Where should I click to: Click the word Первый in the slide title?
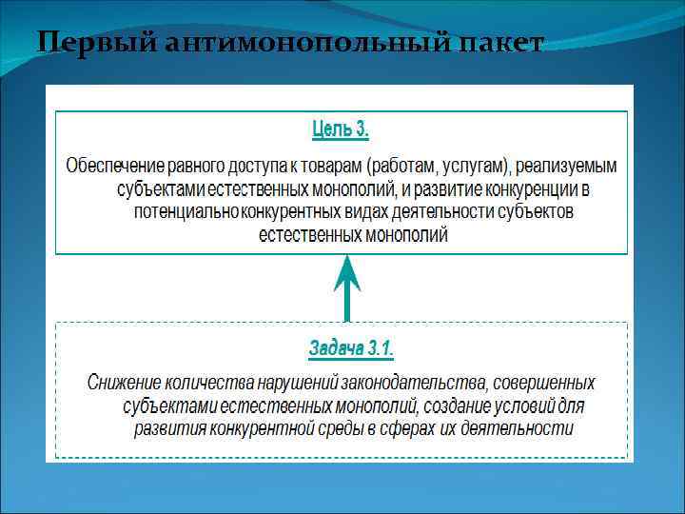tap(83, 43)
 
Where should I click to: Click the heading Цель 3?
tap(341, 127)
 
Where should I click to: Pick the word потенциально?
tap(186, 211)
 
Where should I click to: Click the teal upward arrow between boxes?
tap(347, 286)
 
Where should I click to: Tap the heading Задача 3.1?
tap(350, 348)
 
